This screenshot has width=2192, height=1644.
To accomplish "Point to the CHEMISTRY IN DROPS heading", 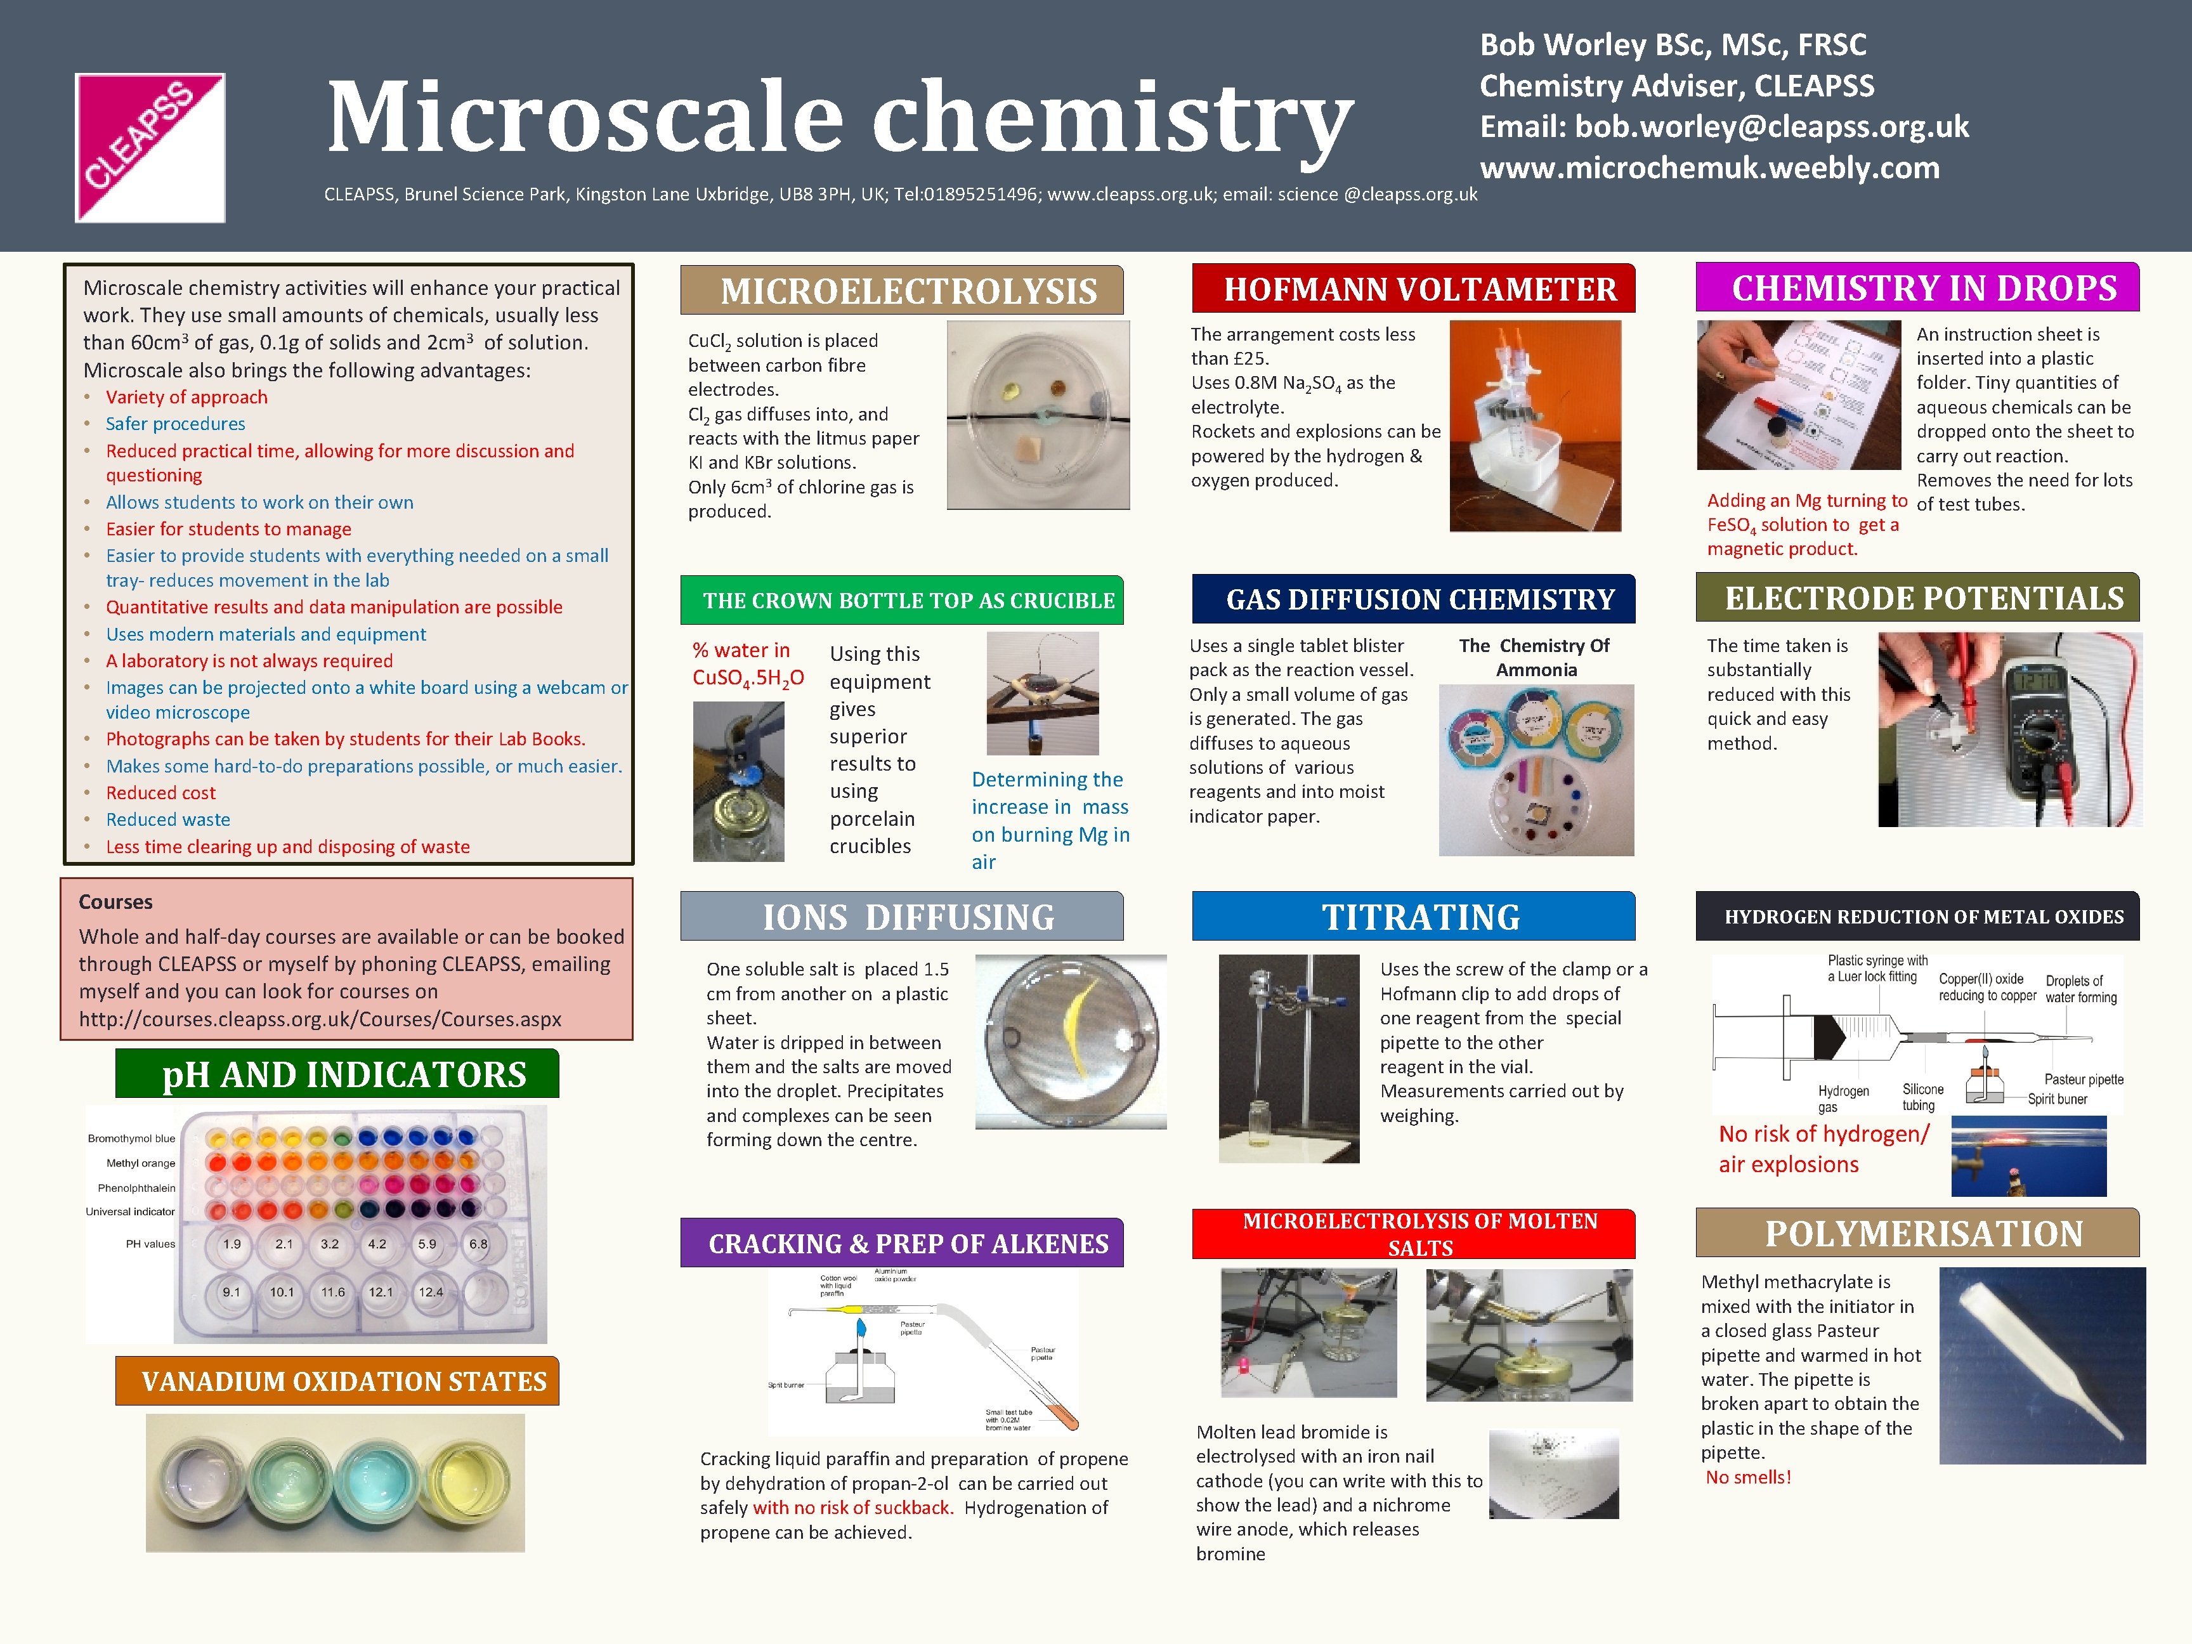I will pyautogui.click(x=1924, y=289).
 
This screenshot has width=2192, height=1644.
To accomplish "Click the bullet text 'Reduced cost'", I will pyautogui.click(x=160, y=793).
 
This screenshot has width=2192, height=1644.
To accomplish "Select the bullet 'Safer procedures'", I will pyautogui.click(x=176, y=423).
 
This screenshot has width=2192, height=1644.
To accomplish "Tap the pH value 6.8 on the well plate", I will pyautogui.click(x=479, y=1244).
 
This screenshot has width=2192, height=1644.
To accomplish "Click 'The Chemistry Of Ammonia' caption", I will pyautogui.click(x=1534, y=657).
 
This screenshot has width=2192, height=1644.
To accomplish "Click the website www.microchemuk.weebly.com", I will pyautogui.click(x=1709, y=169).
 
